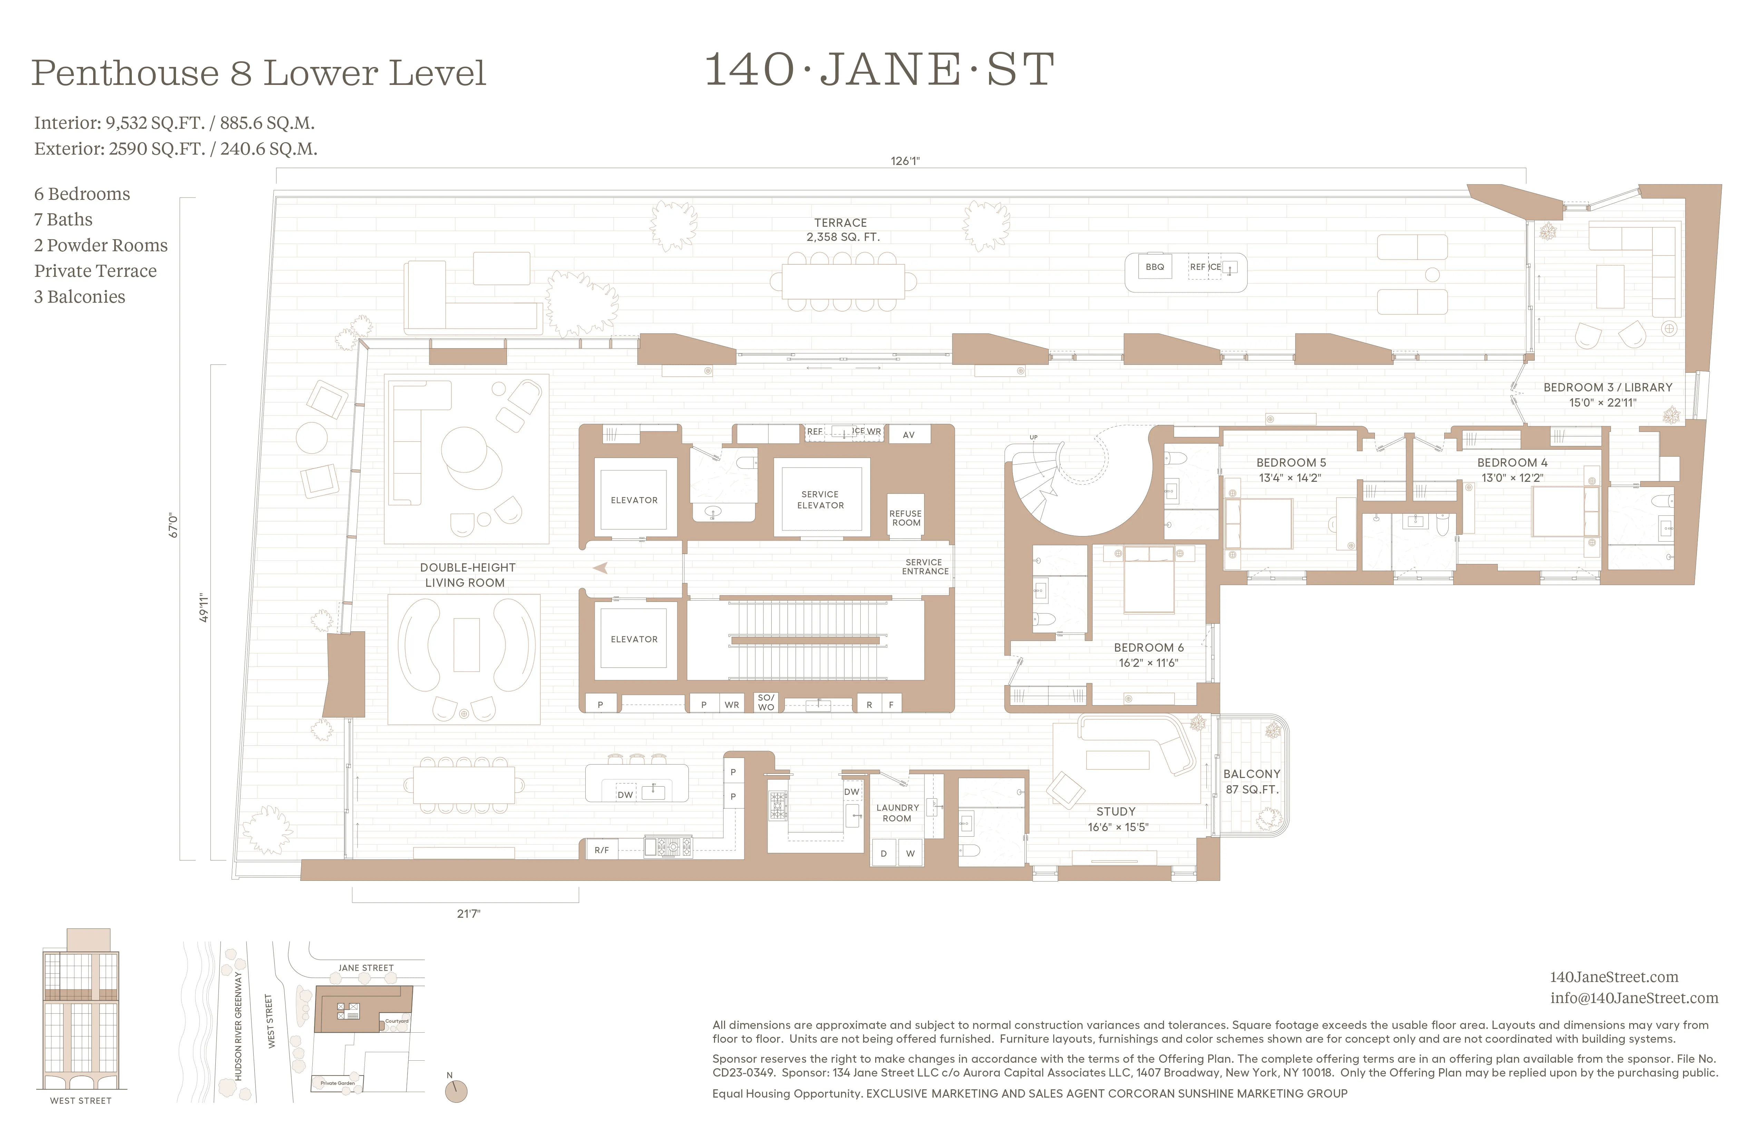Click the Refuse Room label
click(x=906, y=518)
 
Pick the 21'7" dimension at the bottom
click(x=468, y=913)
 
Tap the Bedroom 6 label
click(x=1148, y=654)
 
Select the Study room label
click(x=1117, y=819)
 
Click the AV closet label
click(x=909, y=435)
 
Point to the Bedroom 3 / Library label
click(x=1608, y=394)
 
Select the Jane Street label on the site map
click(x=366, y=967)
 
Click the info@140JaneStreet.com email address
click(x=1634, y=998)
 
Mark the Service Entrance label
click(x=925, y=566)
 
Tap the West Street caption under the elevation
click(x=81, y=1101)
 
